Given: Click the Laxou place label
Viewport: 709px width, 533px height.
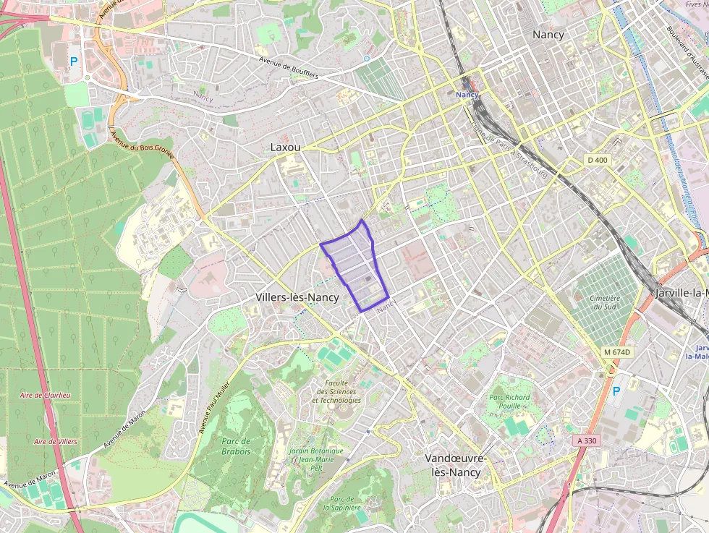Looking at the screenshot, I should (284, 147).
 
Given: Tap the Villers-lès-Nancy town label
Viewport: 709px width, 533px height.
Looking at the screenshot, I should (297, 297).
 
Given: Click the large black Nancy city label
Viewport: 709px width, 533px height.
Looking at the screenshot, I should (548, 34).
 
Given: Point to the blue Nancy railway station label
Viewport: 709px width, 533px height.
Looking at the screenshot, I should (467, 95).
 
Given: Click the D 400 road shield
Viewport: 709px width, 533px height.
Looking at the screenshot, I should (597, 159).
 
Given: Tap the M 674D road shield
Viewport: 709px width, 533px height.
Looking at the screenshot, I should (617, 352).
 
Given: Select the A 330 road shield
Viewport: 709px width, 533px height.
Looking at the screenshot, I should (587, 440).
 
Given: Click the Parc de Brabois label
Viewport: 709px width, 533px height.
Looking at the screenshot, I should (236, 446).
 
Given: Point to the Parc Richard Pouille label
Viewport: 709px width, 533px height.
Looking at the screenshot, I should (509, 401).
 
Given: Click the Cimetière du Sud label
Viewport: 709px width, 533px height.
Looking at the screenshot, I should (605, 302).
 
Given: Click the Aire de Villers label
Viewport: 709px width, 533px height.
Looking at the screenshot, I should (56, 440).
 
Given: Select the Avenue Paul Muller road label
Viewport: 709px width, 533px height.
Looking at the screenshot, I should (214, 407).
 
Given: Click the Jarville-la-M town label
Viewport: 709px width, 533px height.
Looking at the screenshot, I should (681, 293).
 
